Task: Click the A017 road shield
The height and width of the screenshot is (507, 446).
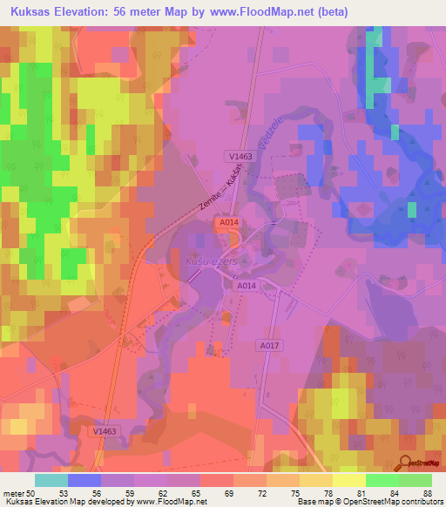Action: (268, 346)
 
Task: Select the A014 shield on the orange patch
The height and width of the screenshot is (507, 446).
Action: (228, 224)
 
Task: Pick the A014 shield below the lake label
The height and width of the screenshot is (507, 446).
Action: (247, 285)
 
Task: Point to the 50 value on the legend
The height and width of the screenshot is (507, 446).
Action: (31, 494)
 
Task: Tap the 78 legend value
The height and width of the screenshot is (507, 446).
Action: (327, 494)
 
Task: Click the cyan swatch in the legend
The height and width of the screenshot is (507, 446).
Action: (51, 480)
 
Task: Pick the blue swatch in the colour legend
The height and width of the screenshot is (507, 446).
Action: (84, 480)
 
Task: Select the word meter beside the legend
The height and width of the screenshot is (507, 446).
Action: (13, 494)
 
